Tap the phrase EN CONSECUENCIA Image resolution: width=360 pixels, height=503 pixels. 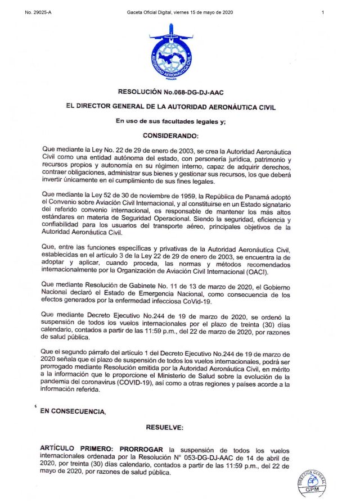(73, 411)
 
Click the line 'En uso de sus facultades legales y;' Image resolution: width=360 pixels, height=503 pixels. (170, 121)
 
